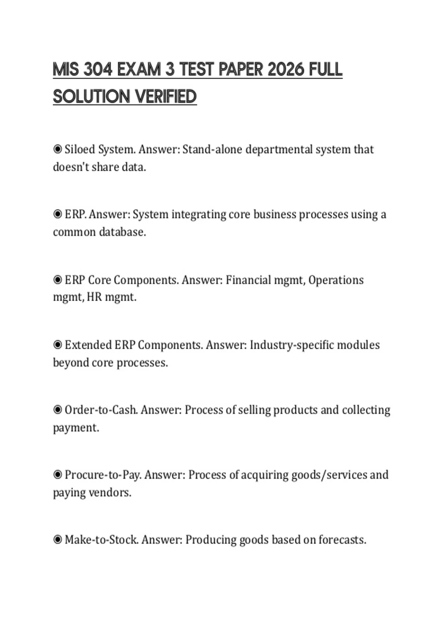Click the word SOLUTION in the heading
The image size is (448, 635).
coord(91,97)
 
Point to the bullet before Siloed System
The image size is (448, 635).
coord(57,149)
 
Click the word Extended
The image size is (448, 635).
coord(88,345)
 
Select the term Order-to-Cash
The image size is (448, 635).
coord(101,410)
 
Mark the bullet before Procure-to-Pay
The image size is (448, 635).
coord(57,475)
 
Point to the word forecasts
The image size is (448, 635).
coord(342,540)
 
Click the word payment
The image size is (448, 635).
coord(76,428)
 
